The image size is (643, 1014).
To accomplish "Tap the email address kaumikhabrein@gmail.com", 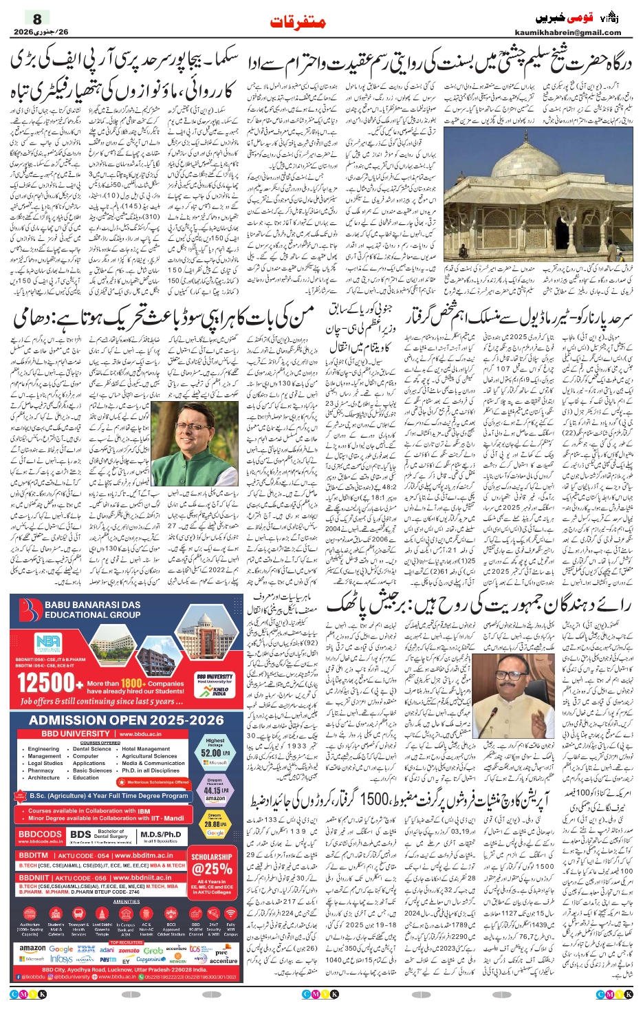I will (567, 32).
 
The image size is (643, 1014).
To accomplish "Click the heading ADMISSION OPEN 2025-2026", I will (127, 720).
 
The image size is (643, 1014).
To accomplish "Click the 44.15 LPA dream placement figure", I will (215, 790).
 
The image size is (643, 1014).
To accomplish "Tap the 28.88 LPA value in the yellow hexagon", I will (215, 823).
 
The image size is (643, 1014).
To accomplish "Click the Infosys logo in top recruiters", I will (61, 959).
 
